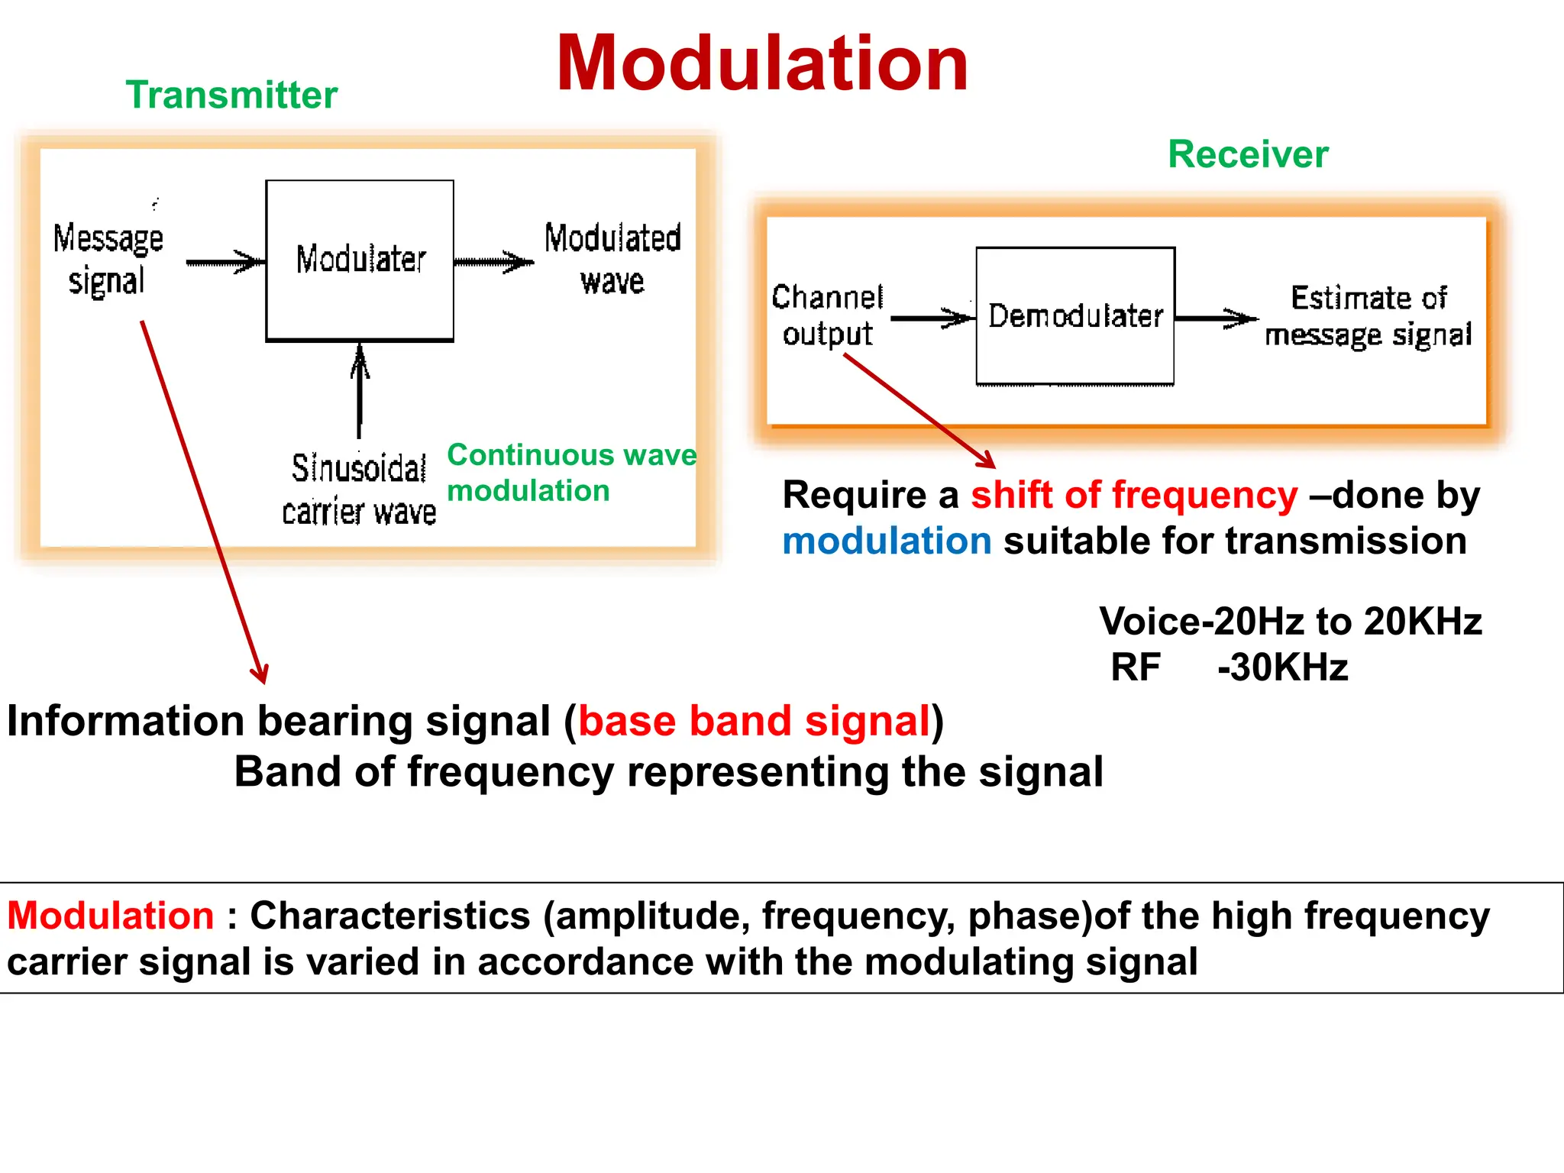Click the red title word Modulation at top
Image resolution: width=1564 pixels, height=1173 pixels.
(x=762, y=64)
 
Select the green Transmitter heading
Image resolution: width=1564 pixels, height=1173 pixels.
(x=231, y=95)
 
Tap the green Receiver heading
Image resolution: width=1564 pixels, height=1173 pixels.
(x=1248, y=154)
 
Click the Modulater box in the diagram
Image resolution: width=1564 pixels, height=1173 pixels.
(x=360, y=260)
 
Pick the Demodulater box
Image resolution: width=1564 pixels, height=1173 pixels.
(x=1074, y=315)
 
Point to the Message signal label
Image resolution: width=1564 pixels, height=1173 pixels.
(x=108, y=259)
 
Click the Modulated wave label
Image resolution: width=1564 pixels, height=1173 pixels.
(x=612, y=259)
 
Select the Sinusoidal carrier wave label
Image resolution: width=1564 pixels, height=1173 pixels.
(x=359, y=490)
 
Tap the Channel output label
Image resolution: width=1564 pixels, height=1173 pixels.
(x=827, y=315)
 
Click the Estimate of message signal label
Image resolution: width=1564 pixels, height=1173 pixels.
(x=1368, y=316)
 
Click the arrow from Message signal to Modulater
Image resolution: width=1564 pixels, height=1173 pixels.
(x=225, y=262)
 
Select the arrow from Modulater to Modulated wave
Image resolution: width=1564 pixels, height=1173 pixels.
(x=494, y=262)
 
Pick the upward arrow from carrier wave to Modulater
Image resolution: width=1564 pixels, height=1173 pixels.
(x=360, y=389)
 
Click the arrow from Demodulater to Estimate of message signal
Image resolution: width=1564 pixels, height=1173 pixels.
(x=1216, y=318)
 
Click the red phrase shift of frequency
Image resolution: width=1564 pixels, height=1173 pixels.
(x=1134, y=495)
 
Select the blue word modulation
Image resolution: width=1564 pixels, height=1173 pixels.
(x=887, y=541)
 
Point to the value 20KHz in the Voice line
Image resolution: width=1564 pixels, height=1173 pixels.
(x=1423, y=621)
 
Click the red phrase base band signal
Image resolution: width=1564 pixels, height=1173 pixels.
(x=755, y=721)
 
